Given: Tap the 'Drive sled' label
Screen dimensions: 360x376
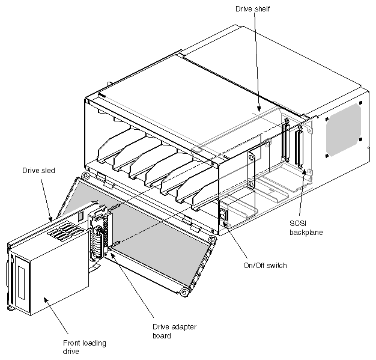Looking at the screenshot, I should [40, 170].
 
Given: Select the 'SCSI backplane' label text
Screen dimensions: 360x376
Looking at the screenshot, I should [298, 227].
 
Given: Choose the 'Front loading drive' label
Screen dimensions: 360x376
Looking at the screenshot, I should [85, 347].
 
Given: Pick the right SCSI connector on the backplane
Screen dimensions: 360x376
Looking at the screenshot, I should [297, 148].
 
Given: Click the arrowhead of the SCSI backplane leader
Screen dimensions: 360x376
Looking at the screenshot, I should [305, 171].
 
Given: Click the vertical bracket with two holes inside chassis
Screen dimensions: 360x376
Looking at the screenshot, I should [251, 168].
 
